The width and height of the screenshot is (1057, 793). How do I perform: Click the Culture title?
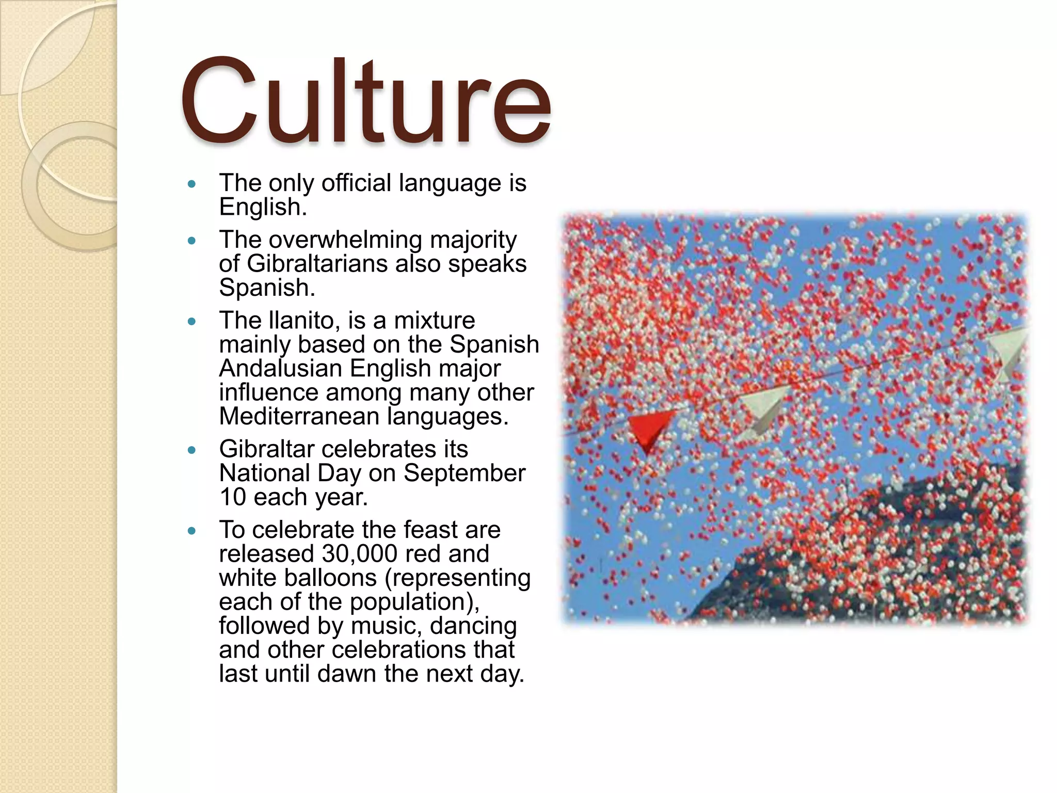(x=365, y=101)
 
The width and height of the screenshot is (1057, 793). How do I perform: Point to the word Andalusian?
(x=280, y=369)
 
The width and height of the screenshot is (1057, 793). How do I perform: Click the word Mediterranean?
(x=299, y=417)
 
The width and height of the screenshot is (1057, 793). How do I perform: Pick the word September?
(x=464, y=473)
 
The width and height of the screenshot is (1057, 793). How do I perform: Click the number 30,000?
(x=359, y=554)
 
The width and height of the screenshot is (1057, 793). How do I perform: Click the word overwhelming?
(x=346, y=240)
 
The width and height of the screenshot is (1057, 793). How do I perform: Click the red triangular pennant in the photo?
(x=649, y=429)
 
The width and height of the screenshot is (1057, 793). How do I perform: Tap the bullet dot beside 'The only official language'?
(x=192, y=184)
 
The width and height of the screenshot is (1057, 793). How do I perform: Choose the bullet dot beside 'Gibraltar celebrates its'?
(x=192, y=450)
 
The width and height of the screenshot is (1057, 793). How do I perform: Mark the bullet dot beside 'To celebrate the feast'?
(x=192, y=531)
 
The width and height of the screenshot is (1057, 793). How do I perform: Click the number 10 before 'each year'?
(x=232, y=497)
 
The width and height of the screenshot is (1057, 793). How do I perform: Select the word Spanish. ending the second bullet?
(x=267, y=288)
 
